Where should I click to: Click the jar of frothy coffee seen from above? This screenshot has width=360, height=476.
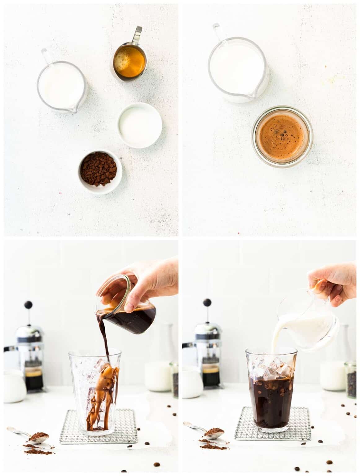[282, 136]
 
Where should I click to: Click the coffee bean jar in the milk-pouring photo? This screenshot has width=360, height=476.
[351, 380]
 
